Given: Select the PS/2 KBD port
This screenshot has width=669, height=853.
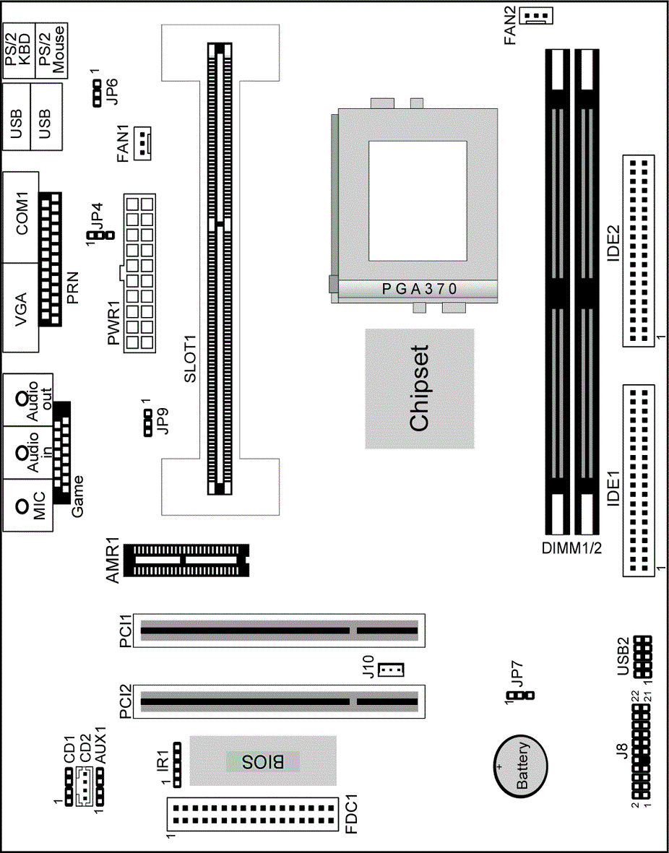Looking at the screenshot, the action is click(18, 51).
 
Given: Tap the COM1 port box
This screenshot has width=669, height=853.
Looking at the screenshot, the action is click(21, 217).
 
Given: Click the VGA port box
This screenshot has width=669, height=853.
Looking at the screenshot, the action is click(21, 308).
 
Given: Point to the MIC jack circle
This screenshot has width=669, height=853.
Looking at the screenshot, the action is click(22, 506).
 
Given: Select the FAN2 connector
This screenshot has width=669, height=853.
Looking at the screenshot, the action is click(538, 17).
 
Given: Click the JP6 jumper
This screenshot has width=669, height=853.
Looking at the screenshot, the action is click(98, 93).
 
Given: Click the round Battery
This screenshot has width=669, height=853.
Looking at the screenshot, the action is click(520, 766).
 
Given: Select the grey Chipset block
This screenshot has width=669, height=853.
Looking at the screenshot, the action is click(419, 389).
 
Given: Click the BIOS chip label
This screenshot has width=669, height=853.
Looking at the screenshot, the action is click(263, 761).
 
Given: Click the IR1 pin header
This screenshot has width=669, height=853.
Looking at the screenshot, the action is click(177, 763).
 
